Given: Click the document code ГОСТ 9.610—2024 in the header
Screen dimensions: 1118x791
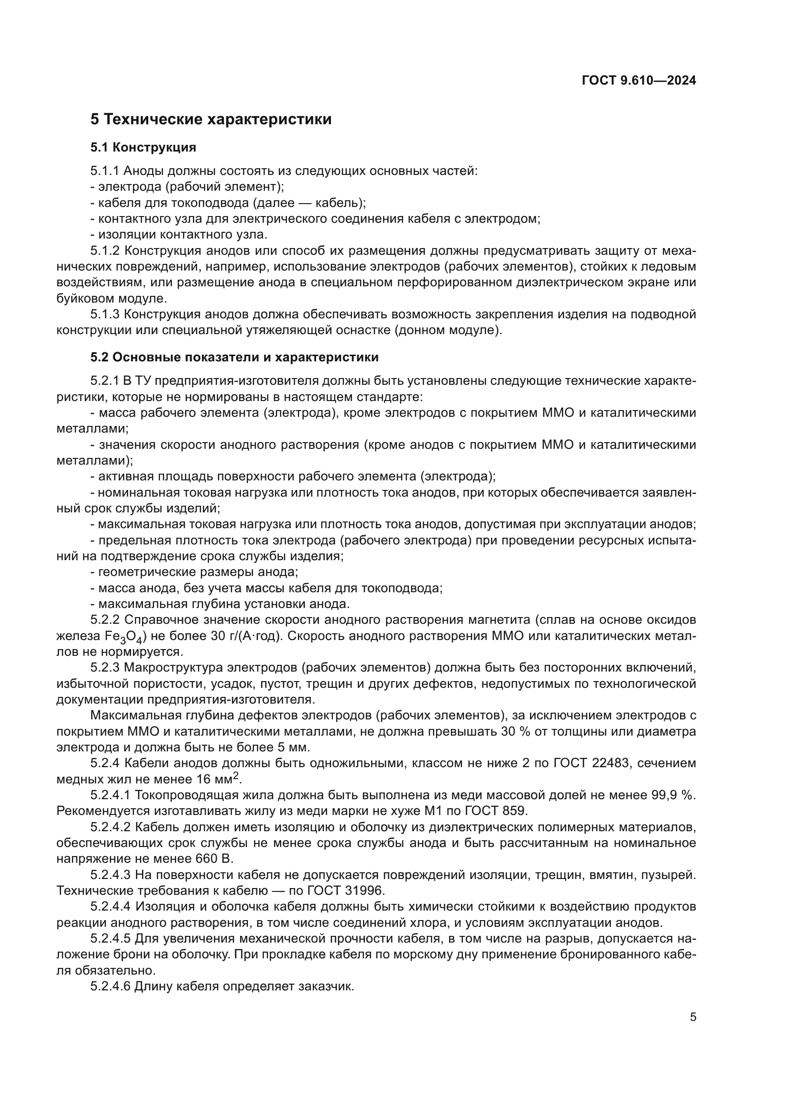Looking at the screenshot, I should [638, 81].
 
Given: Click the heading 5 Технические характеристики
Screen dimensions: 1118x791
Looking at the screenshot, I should [211, 119].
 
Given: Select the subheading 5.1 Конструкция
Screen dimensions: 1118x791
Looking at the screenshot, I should [143, 147].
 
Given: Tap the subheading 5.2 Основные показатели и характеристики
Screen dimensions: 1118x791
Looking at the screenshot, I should [234, 358].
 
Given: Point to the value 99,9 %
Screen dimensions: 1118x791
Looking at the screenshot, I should [674, 795].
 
